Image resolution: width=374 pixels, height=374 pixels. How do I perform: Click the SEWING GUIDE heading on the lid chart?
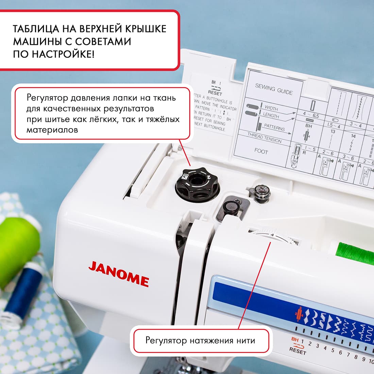click(x=274, y=89)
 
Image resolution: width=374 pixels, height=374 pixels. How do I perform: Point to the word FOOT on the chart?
click(x=261, y=151)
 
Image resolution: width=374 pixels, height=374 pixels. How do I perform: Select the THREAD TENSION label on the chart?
click(x=265, y=138)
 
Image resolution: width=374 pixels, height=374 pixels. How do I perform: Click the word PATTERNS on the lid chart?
click(x=274, y=128)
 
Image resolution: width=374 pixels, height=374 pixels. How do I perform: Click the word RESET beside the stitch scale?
click(x=297, y=351)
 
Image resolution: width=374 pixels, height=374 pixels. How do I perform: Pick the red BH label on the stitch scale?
click(x=295, y=339)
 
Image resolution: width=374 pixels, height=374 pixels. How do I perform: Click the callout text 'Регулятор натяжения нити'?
click(x=200, y=340)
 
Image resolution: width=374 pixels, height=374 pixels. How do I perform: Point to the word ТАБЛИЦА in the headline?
click(x=37, y=29)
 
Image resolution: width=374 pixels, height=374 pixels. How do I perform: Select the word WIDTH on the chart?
click(x=271, y=108)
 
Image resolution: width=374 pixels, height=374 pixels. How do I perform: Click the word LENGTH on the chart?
click(x=271, y=115)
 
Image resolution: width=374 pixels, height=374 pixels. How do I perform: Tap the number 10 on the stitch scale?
click(x=371, y=361)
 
